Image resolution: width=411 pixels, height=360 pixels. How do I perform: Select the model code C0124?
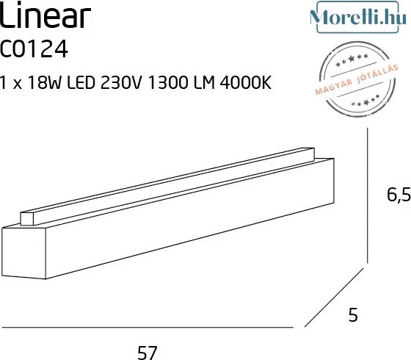[35, 49]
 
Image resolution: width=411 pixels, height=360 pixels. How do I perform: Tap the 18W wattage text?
[51, 83]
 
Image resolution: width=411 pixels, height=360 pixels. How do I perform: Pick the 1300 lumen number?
[181, 83]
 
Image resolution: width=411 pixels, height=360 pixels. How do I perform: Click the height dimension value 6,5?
[398, 195]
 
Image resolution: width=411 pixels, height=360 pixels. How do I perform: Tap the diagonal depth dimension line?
[334, 298]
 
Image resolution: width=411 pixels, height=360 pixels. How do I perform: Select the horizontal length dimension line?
[147, 326]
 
